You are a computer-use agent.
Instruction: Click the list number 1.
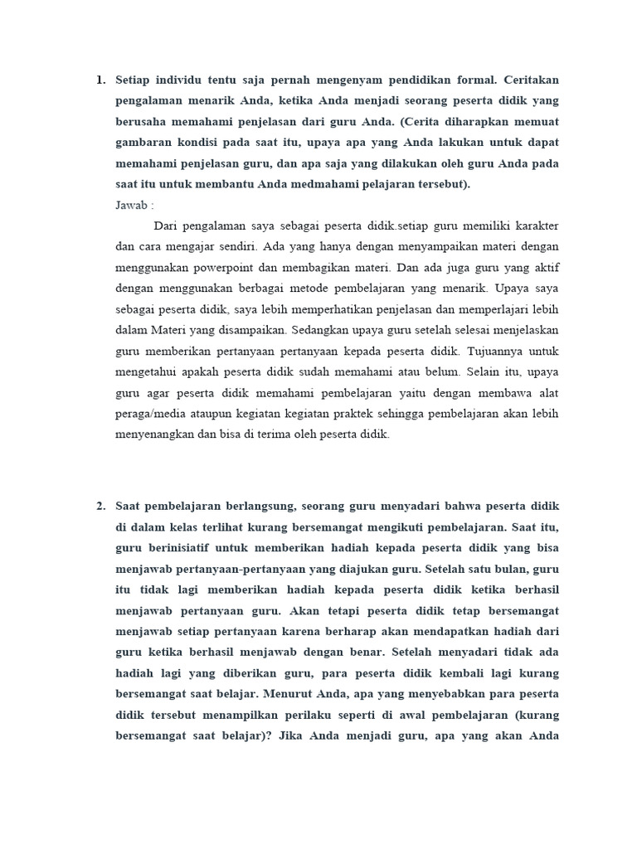100,80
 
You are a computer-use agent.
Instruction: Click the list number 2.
100,506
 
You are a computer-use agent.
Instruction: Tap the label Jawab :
134,205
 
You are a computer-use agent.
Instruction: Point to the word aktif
544,268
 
